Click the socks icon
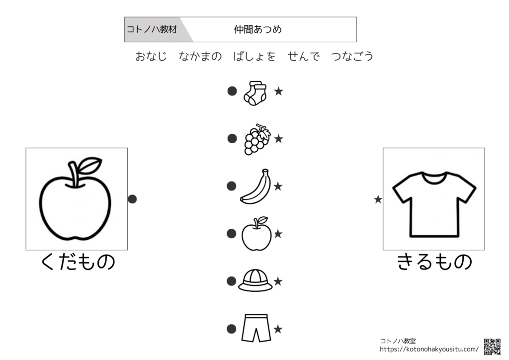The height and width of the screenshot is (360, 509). (x=255, y=93)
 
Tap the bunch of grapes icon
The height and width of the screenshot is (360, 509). (x=257, y=139)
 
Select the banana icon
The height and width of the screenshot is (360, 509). (x=256, y=186)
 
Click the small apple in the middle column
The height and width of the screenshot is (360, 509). (x=256, y=234)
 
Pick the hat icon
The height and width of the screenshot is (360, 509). (x=255, y=280)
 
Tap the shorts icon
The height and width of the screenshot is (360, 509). (x=256, y=328)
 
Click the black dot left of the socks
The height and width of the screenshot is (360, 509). (x=232, y=91)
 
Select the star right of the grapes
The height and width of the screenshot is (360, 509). (x=278, y=139)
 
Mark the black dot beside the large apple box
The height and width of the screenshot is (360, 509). (x=132, y=199)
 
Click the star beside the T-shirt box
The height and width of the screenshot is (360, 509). (x=378, y=199)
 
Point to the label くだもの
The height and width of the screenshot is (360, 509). (x=78, y=262)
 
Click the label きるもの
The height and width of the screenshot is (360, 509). (x=434, y=262)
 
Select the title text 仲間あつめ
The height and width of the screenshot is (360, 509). (x=258, y=29)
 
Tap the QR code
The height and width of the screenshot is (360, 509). (x=492, y=347)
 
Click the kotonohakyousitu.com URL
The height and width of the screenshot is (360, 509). (x=429, y=349)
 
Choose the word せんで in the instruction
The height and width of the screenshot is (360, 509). (x=304, y=56)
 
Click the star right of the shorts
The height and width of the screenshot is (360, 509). (x=278, y=329)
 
